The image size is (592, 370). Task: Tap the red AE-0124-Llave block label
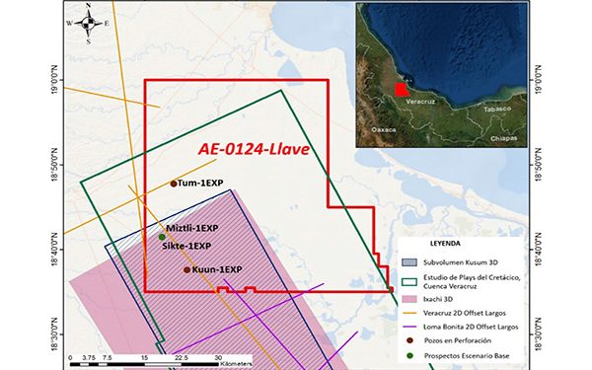pyautogui.click(x=254, y=149)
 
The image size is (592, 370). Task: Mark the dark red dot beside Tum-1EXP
pyautogui.click(x=174, y=184)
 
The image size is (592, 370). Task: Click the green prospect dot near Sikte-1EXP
pyautogui.click(x=162, y=237)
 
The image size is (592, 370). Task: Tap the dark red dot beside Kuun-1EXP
pyautogui.click(x=186, y=269)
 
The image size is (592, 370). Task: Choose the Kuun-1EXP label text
pyautogui.click(x=218, y=269)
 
